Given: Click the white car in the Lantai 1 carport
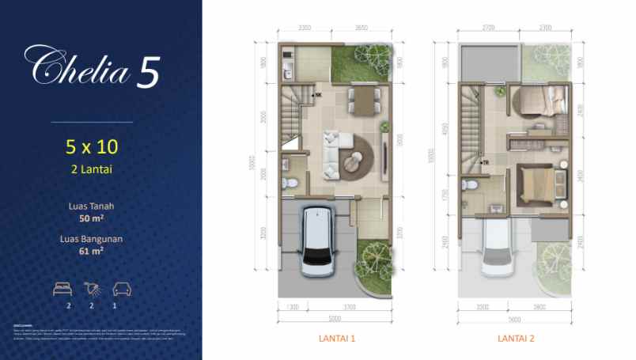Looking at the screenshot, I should click(x=316, y=239).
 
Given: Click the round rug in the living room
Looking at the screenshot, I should click(x=358, y=151).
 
